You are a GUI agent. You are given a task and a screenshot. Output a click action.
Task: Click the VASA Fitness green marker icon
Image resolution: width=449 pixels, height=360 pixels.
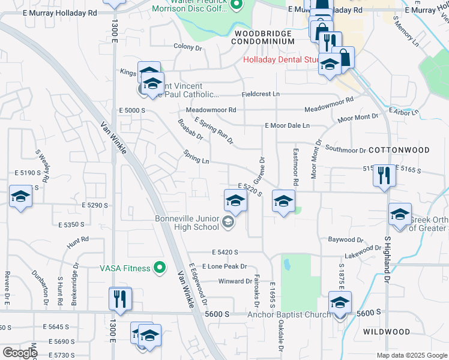pos(159,268)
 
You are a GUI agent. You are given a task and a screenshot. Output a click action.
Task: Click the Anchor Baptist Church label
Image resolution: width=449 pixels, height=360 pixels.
pos(289,314)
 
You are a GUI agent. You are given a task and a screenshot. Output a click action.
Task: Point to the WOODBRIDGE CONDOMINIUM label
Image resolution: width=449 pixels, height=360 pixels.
pos(264,37)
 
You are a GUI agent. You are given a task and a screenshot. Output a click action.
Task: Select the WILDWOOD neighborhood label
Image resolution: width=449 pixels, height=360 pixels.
pos(387,331)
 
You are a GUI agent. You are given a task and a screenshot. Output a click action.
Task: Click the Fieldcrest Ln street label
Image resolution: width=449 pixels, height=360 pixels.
pos(261,94)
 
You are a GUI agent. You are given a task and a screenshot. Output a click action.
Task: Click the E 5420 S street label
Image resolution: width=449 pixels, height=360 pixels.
pos(225,253)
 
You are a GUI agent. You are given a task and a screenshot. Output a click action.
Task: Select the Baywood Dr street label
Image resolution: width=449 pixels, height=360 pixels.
pos(346,239)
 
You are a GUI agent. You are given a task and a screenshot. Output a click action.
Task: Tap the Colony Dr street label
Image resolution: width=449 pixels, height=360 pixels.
pos(187,47)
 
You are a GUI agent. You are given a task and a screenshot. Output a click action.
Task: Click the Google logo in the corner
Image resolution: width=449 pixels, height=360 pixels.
pos(19,352)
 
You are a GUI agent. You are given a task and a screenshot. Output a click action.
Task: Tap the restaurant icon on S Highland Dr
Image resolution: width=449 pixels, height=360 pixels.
pos(384,176)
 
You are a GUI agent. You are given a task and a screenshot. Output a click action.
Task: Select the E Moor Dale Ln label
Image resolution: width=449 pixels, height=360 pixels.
pos(288,125)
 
